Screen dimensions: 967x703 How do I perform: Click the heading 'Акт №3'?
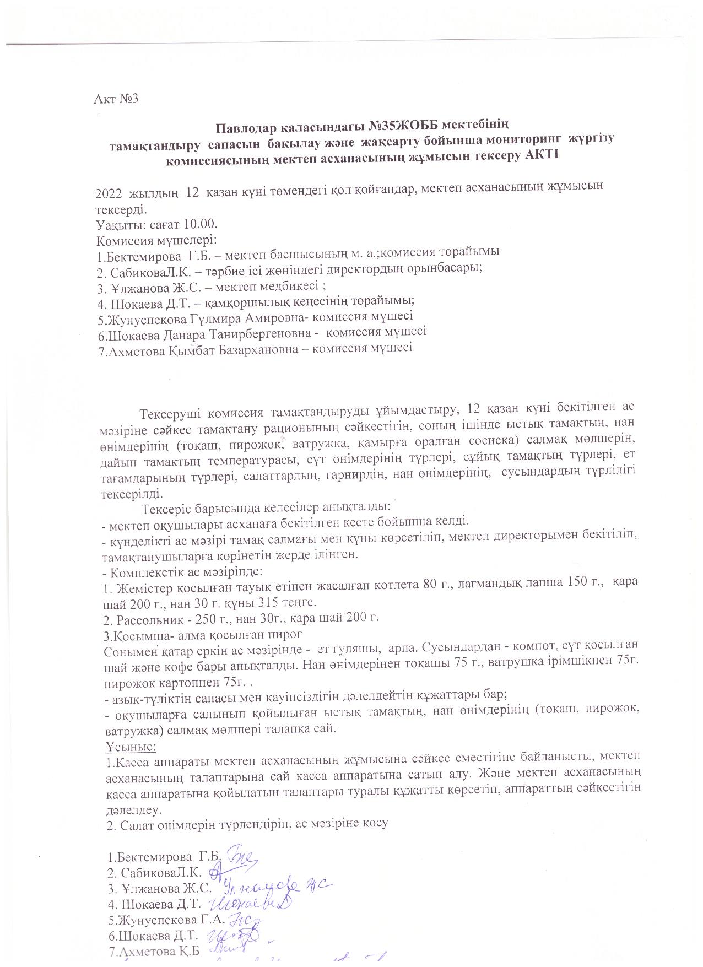115,99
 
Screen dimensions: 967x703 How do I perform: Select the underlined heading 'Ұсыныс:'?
131,747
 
